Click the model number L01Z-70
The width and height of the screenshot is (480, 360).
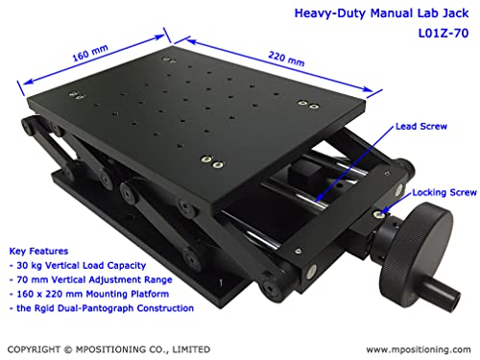(444, 33)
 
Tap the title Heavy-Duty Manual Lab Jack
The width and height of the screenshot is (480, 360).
(381, 13)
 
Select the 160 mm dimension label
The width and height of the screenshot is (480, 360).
(90, 53)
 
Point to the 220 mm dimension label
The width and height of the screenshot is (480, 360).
(286, 59)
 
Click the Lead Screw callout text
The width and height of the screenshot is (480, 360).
(421, 127)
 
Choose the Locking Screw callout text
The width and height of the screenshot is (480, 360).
(444, 193)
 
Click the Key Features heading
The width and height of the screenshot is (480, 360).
(38, 252)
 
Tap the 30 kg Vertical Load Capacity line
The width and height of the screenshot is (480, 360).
(78, 266)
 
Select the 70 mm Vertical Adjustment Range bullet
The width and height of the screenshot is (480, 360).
(91, 280)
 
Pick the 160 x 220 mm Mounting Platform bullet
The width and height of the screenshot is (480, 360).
(89, 294)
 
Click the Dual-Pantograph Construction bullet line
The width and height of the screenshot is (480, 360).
(102, 308)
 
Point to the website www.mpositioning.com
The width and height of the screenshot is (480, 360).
(419, 349)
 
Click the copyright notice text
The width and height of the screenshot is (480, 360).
(108, 349)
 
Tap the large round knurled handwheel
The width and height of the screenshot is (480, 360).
(416, 247)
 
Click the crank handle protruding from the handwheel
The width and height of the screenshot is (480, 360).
(444, 292)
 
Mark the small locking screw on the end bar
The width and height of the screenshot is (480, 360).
(379, 214)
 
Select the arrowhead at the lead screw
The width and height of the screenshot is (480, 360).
(319, 199)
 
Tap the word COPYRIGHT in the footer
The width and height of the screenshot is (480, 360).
(34, 349)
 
